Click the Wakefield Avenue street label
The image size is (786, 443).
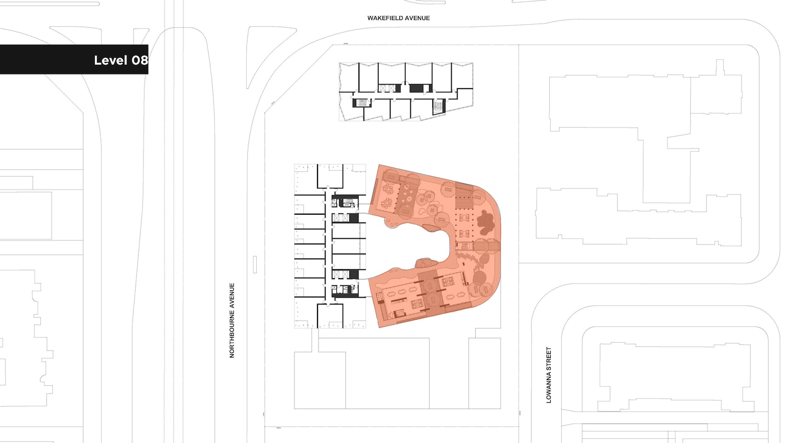[398, 18]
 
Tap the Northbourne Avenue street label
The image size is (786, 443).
[232, 320]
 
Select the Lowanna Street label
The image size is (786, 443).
[549, 375]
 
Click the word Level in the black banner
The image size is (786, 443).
[111, 60]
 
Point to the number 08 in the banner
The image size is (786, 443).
[140, 60]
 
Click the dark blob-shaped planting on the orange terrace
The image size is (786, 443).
[485, 223]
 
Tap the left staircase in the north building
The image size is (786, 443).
[362, 103]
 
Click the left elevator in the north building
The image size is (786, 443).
[383, 88]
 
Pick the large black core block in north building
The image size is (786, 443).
[416, 88]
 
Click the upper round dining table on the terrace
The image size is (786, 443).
[388, 189]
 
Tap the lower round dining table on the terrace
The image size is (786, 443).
[387, 203]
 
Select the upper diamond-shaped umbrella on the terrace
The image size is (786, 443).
[407, 187]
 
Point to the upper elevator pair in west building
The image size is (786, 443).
[341, 218]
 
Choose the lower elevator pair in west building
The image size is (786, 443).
[341, 274]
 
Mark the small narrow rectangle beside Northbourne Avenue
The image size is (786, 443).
[255, 265]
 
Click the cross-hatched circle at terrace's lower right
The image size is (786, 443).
[479, 278]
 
